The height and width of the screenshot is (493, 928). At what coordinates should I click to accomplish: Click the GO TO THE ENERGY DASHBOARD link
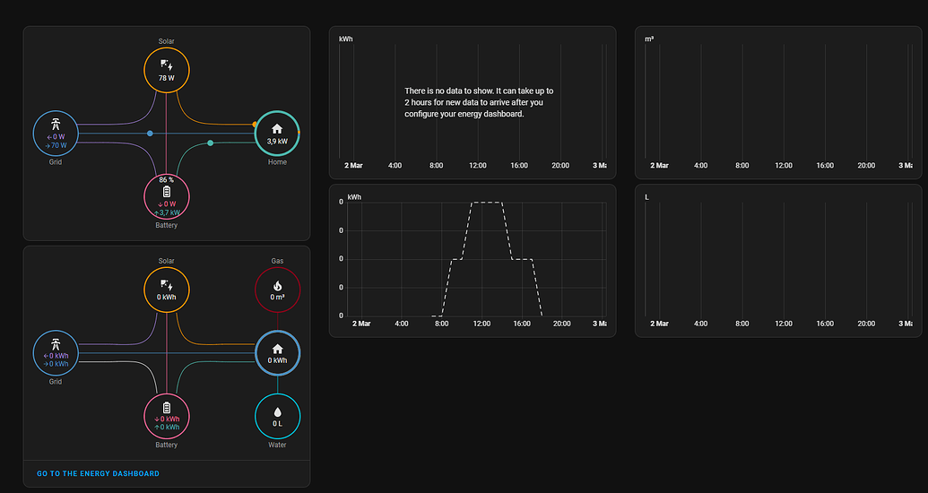(x=98, y=473)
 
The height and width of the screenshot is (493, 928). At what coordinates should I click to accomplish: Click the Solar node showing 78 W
(x=167, y=71)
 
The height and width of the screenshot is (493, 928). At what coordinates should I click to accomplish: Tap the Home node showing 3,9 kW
(x=277, y=134)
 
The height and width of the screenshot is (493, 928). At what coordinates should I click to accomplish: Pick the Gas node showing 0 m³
(x=277, y=290)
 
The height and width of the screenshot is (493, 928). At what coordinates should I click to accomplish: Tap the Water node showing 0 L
(x=277, y=417)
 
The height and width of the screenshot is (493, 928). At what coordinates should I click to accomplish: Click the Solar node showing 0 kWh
(x=167, y=290)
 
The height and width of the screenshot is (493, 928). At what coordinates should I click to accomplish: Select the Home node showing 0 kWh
(x=277, y=353)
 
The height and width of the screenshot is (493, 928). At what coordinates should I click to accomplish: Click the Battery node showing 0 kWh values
(x=167, y=417)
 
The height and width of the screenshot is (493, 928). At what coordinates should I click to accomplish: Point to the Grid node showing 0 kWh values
(x=56, y=353)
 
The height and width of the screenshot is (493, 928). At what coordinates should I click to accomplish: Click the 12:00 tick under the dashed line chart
(x=481, y=324)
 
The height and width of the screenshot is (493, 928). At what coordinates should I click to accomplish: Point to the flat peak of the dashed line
(x=487, y=203)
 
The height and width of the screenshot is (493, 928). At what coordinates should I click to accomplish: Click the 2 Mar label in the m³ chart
(x=659, y=166)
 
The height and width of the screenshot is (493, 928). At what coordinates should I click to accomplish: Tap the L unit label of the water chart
(x=647, y=196)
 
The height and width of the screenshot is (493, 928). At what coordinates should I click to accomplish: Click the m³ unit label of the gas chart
(x=649, y=39)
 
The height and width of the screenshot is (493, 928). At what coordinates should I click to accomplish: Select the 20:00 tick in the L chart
(x=866, y=324)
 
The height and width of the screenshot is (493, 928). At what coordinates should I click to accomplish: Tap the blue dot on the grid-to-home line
(x=150, y=134)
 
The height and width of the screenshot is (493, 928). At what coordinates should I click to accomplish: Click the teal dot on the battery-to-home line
(x=211, y=143)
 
